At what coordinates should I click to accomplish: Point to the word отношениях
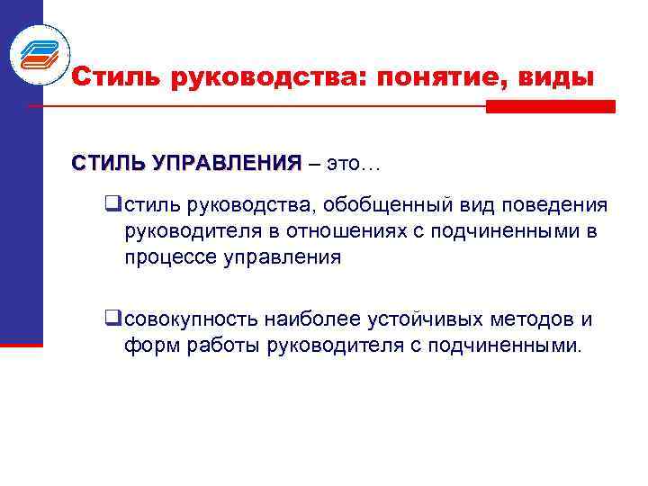[346, 232]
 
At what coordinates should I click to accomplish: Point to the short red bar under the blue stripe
[22, 344]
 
